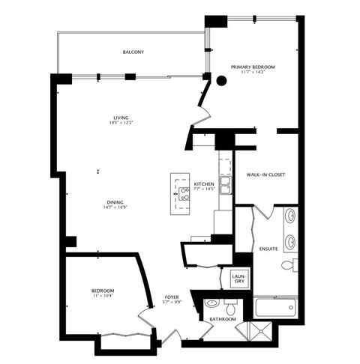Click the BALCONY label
133,52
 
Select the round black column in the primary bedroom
221,81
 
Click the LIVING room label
119,118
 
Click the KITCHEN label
204,183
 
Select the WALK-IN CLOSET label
265,175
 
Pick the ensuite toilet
289,265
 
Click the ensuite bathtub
275,307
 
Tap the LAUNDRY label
238,279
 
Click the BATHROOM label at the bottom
223,320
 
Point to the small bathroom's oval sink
211,304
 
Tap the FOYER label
172,297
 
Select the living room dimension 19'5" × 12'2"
119,124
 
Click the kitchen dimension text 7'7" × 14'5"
204,189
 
